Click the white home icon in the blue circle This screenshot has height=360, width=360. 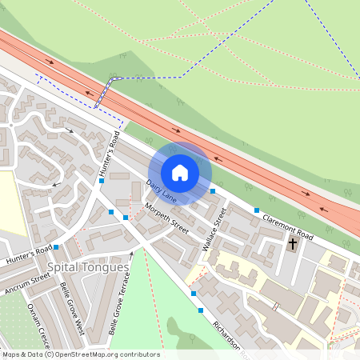pyautogui.click(x=180, y=173)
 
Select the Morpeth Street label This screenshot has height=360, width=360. pyautogui.click(x=167, y=218)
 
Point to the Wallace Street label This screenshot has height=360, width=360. pyautogui.click(x=215, y=230)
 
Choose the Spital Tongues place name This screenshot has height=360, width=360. pyautogui.click(x=88, y=266)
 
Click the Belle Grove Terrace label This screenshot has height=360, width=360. pyautogui.click(x=119, y=305)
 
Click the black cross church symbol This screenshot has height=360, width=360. pyautogui.click(x=293, y=242)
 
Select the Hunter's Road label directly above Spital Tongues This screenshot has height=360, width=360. pyautogui.click(x=28, y=254)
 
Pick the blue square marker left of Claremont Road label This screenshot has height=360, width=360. pyautogui.click(x=257, y=210)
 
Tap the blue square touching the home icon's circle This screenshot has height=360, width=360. pyautogui.click(x=213, y=191)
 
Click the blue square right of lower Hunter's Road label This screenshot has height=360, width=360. pyautogui.click(x=56, y=247)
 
